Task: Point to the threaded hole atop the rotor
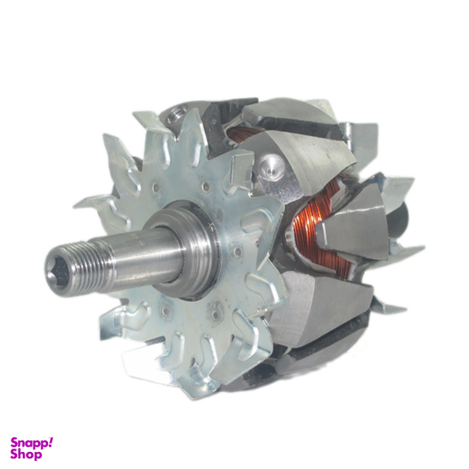tap(175, 115)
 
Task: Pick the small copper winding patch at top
tap(242, 134)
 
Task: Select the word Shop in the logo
tap(26, 454)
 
